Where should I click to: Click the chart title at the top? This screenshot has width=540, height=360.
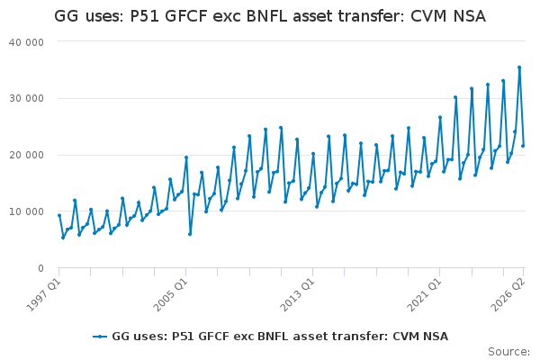coord(270,16)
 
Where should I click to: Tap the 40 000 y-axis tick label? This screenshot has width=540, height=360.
coord(26,42)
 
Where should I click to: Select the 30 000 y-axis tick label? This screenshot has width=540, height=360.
coord(26,98)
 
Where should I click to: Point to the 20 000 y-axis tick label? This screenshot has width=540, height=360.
coord(26,155)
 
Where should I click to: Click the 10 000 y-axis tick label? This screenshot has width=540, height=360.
coord(26,211)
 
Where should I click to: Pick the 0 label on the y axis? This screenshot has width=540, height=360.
coord(41,268)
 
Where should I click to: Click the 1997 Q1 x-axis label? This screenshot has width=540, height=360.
coord(44,295)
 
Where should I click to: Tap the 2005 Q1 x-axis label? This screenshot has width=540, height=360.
coord(171,295)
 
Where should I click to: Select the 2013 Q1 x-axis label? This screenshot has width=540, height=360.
coord(298,295)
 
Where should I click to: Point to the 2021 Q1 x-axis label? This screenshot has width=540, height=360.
coord(424,295)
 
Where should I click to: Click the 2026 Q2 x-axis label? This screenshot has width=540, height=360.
coord(508,295)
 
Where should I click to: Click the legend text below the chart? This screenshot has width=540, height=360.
coord(280,337)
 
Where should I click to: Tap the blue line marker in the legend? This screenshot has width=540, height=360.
coord(100,337)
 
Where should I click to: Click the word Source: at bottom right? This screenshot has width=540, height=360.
coord(509,352)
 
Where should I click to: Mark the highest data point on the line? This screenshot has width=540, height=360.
coord(519,67)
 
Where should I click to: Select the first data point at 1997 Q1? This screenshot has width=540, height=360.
coord(59,216)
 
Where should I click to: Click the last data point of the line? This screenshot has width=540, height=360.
coord(523,146)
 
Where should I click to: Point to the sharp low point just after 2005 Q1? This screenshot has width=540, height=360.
coord(190,234)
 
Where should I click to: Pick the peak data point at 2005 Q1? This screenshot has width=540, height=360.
coord(186,157)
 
